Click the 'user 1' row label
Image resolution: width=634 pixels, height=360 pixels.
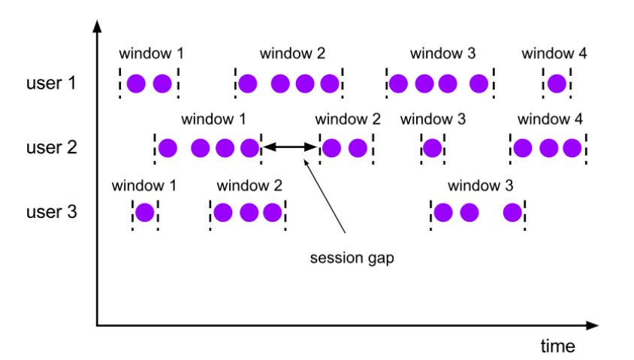pos(51,83)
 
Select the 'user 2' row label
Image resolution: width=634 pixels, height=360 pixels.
pos(51,147)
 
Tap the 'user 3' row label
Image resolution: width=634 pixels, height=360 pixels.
pos(51,212)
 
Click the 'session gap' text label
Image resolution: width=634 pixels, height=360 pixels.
pos(352,258)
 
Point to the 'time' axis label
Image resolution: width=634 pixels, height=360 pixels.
pos(557,346)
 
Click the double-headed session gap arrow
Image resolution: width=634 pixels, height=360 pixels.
pos(289,147)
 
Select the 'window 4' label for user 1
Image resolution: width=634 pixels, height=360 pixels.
pos(554,53)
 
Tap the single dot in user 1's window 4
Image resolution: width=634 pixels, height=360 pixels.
pos(557,84)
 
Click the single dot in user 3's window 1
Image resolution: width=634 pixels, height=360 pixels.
pos(145,213)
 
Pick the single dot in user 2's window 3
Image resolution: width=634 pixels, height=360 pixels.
pos(432,148)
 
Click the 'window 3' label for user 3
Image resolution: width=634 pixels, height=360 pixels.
pos(480,186)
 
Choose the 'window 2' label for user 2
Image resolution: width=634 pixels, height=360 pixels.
pos(348,119)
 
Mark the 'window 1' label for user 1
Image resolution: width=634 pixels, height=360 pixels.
pos(151,53)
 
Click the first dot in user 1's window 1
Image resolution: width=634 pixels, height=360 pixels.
pos(136,84)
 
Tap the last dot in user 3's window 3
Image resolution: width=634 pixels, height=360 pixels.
pos(513,213)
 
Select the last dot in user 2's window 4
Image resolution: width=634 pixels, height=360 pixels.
pos(572,148)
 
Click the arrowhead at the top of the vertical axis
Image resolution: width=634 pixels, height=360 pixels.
pos(97,26)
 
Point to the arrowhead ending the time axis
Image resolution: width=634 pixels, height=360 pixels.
pos(592,325)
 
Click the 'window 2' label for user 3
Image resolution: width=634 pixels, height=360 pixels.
pos(249,186)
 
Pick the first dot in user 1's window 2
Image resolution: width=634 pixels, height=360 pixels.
pos(248,84)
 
